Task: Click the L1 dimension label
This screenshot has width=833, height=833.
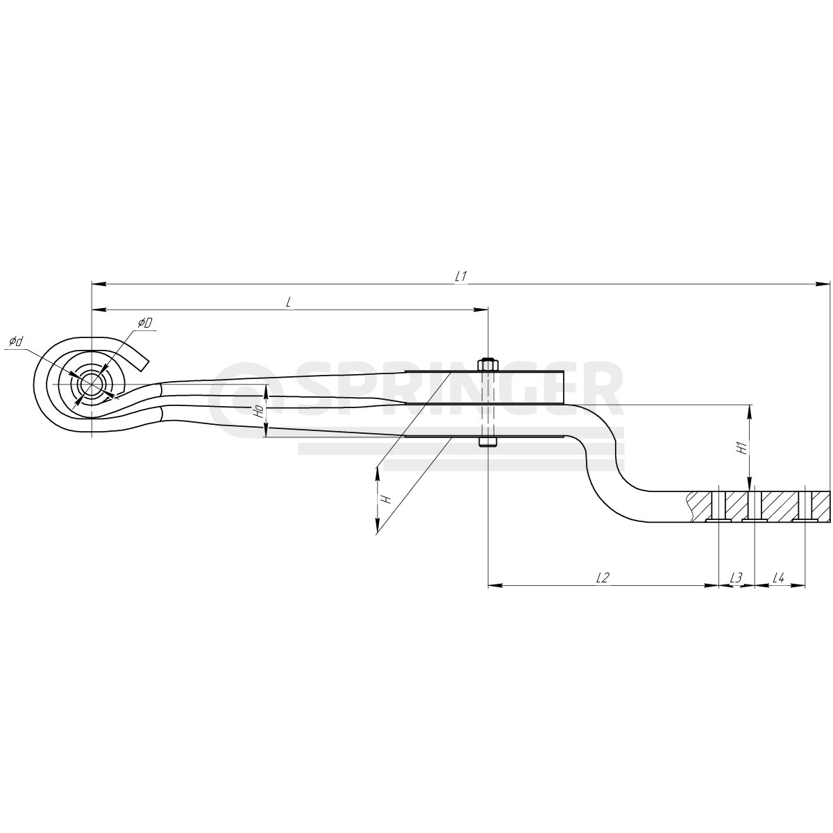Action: [460, 277]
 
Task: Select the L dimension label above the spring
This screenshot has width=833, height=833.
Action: [288, 303]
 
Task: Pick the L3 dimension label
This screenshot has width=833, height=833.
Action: [737, 578]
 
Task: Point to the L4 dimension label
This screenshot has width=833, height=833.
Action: [779, 578]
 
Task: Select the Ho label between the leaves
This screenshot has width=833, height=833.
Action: [258, 411]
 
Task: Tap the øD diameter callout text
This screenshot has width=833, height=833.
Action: [145, 323]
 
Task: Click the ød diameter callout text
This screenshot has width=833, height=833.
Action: [15, 342]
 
